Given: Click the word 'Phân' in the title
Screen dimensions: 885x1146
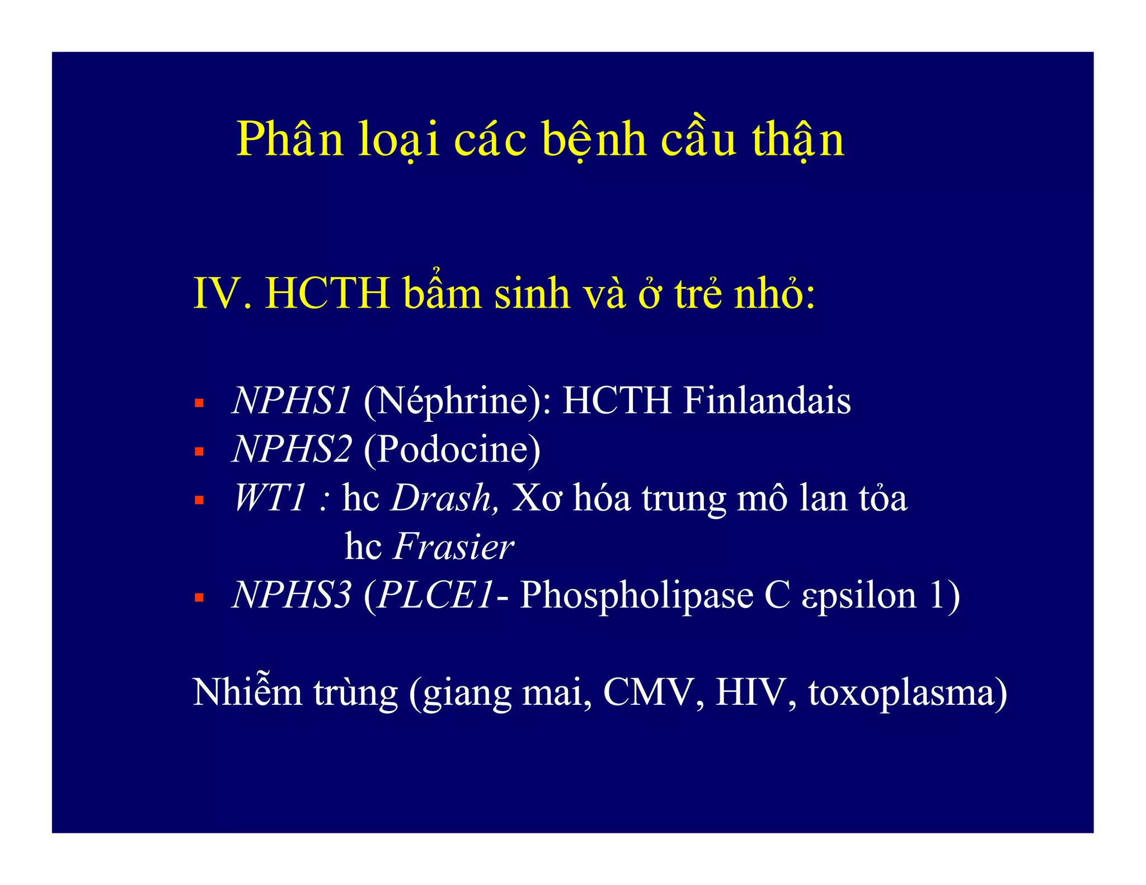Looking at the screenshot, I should point(289,140).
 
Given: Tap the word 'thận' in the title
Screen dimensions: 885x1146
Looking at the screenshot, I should point(797,140).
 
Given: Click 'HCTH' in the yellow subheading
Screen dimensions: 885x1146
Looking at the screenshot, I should point(327,293).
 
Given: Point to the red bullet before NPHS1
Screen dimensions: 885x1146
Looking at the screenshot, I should point(199,403).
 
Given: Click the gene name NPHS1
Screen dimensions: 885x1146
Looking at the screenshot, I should point(292,401).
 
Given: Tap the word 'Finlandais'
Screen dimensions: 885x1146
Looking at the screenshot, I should point(767,401).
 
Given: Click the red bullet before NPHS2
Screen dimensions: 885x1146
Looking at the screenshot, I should point(199,451).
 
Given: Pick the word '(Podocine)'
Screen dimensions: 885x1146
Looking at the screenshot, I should point(452,450).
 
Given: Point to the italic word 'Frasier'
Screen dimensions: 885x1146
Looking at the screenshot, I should point(453,547).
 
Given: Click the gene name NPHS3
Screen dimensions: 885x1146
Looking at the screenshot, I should point(292,595).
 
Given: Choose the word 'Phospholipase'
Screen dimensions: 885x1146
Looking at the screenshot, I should point(636,596).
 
